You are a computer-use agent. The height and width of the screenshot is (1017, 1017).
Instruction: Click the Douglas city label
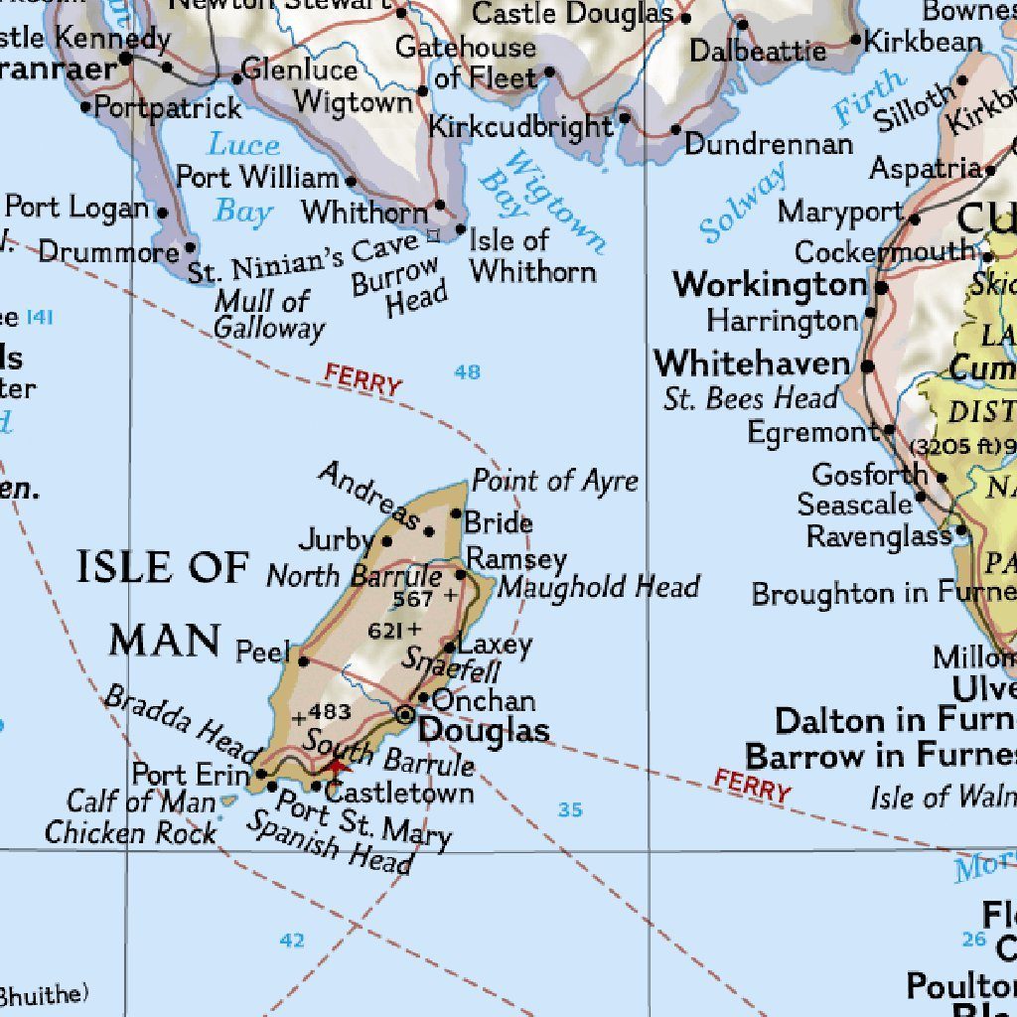tap(484, 732)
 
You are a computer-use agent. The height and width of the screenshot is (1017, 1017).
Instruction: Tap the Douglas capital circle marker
tap(406, 714)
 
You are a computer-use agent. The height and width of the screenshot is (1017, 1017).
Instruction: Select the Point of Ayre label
tap(555, 482)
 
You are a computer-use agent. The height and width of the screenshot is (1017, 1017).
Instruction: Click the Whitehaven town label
tap(752, 363)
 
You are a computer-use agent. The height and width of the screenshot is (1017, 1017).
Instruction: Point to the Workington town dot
tap(882, 288)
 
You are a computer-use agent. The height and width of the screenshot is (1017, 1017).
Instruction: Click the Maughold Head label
tap(599, 587)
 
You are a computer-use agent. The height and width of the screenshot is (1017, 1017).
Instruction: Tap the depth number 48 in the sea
tap(467, 372)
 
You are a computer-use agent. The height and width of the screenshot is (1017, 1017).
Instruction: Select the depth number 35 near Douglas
tap(570, 810)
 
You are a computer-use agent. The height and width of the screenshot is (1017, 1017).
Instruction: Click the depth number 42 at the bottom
tap(292, 941)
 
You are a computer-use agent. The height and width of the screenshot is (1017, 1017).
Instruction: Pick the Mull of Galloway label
tap(268, 315)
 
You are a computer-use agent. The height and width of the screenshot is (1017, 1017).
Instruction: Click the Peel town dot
tap(304, 661)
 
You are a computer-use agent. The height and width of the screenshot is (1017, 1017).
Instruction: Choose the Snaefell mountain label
tap(450, 668)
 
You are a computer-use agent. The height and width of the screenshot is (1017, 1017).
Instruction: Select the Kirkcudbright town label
tap(520, 127)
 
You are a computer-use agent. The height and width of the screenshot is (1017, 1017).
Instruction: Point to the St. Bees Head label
tap(751, 399)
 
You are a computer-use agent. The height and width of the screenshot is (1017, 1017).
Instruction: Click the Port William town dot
tap(352, 181)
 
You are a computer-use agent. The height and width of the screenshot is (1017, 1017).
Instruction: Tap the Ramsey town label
tap(516, 558)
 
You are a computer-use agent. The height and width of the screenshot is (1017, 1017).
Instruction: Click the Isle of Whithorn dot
tap(461, 229)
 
